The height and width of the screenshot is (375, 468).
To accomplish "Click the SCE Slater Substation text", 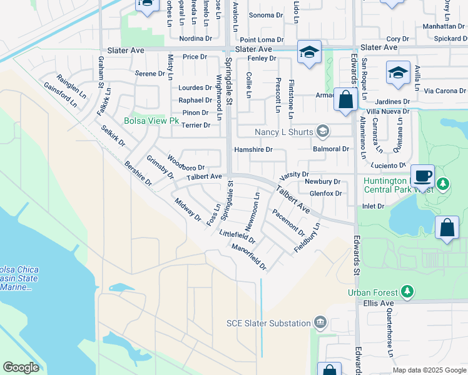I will [268, 323].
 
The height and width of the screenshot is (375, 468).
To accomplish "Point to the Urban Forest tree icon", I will [407, 291].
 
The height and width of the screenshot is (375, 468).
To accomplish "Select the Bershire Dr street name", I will [138, 174].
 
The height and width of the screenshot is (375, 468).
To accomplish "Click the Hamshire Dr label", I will [253, 149].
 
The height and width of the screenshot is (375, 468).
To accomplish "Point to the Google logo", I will [21, 367].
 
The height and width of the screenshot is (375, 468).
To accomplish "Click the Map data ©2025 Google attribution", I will [429, 370].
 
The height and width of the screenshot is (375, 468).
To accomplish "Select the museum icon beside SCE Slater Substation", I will [321, 322].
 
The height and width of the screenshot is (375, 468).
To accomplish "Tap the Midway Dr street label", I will [188, 211].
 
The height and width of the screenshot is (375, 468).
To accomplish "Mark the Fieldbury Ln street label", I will [307, 237].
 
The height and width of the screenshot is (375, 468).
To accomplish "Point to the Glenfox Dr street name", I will [325, 194].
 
